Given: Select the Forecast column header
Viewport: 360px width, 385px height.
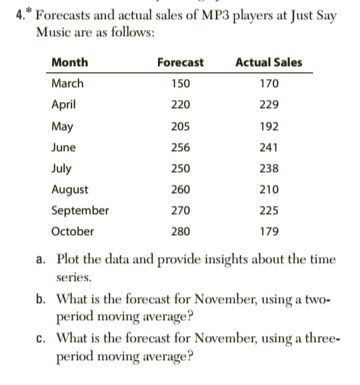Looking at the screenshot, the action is point(181,63).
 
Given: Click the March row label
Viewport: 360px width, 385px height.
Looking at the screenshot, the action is point(68,83).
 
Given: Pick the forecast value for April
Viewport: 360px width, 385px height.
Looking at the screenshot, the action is point(181,103).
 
